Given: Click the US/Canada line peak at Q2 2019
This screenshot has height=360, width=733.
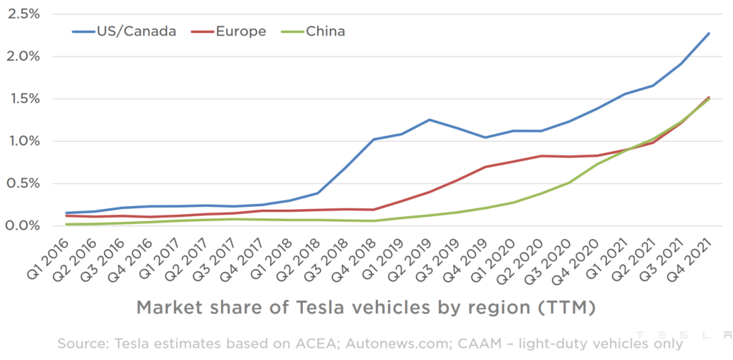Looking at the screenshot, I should tap(429, 120).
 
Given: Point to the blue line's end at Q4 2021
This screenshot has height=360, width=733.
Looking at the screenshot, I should tap(709, 33).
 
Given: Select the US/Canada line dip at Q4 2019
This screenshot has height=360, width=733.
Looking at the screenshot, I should tap(485, 137).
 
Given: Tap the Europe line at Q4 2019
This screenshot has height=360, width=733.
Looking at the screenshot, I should tap(485, 167).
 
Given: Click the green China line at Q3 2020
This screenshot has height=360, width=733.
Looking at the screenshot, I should tap(569, 183).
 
